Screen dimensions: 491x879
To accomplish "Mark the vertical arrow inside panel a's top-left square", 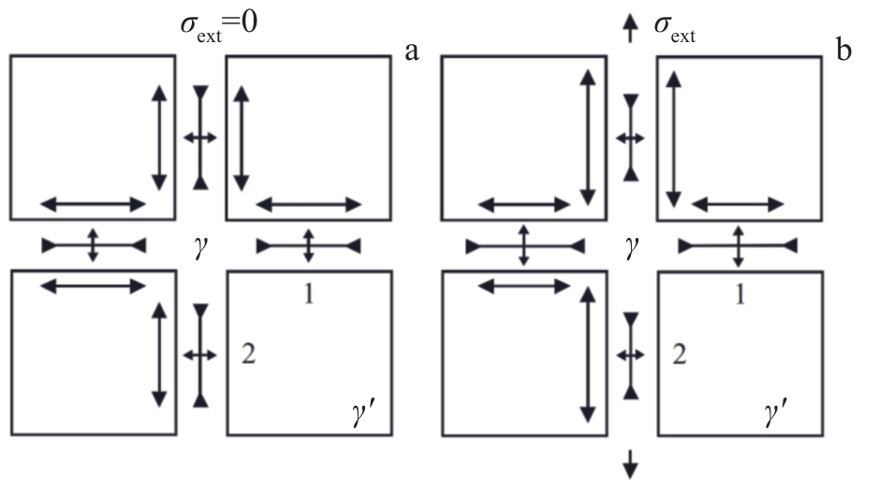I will (x=158, y=137).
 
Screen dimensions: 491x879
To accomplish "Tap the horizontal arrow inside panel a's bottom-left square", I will (x=93, y=285).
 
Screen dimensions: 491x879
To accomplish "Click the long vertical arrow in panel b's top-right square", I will (x=672, y=141).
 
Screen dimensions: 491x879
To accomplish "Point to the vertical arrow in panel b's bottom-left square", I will (x=588, y=353).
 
